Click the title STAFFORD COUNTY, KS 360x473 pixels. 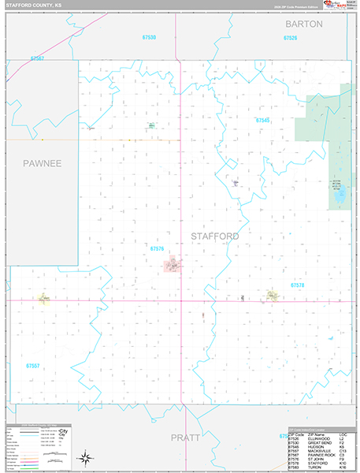[x=35, y=5]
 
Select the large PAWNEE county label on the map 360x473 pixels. [x=41, y=163]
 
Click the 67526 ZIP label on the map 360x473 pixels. [x=290, y=38]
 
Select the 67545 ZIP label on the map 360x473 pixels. [x=262, y=120]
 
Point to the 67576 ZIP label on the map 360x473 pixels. [x=156, y=248]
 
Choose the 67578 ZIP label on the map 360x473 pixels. [x=297, y=285]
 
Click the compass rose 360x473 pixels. [x=84, y=456]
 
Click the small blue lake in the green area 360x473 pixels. [x=340, y=193]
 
